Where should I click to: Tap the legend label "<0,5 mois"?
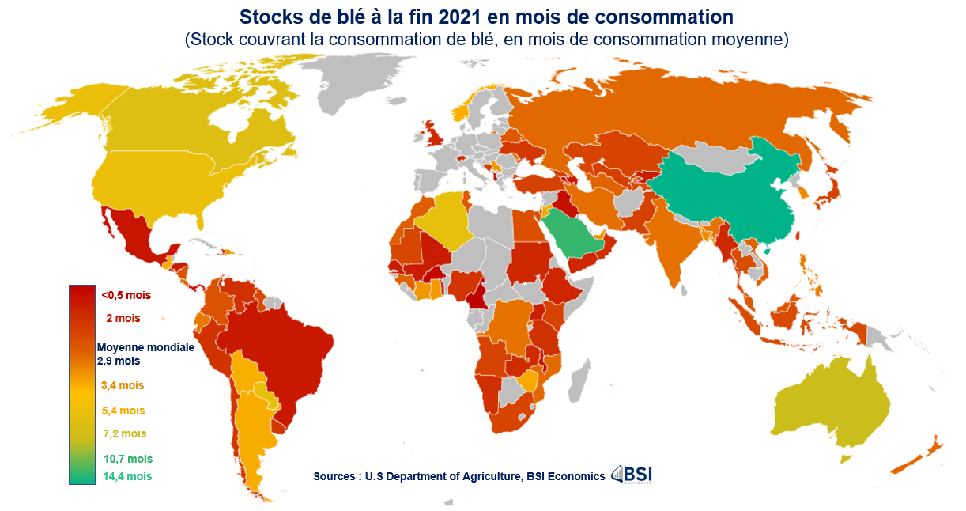(x=126, y=295)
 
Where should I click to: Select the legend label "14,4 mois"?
(x=127, y=476)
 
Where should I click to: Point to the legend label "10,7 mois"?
(x=127, y=459)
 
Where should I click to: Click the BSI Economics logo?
(x=632, y=475)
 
